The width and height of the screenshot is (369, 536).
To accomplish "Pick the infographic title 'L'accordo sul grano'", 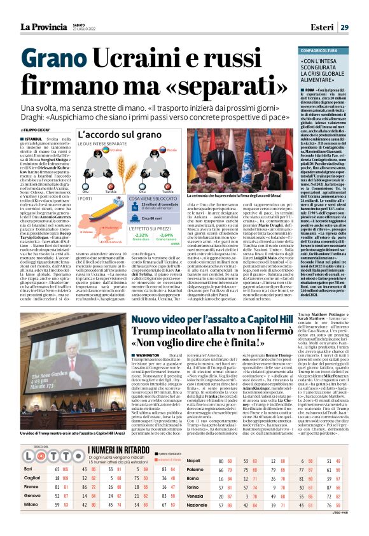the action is click(x=115, y=135).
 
